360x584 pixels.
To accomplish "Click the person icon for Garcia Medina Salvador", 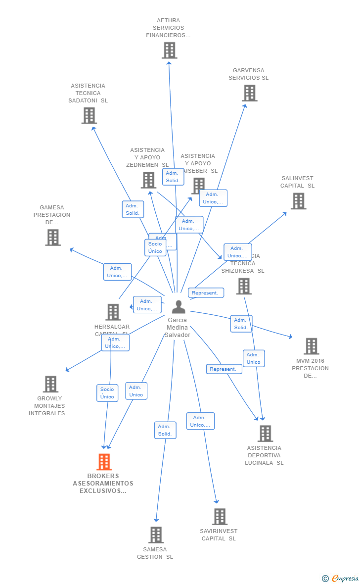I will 178,307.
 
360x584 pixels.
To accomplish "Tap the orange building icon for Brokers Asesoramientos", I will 104,462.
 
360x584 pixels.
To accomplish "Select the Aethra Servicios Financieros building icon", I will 169,50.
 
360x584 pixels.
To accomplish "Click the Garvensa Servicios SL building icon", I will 250,93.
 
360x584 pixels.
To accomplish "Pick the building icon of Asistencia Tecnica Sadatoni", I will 89,115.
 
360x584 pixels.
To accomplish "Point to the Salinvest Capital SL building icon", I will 298,201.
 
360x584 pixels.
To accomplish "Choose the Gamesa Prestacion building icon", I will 53,238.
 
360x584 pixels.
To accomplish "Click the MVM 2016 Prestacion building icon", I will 311,346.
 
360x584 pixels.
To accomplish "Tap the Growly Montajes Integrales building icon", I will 50,384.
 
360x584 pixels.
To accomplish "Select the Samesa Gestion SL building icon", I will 156,535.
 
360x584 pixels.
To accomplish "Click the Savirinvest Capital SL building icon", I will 220,516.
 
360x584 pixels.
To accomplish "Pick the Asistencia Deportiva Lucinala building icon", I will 265,434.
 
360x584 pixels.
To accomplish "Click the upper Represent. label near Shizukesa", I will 206,293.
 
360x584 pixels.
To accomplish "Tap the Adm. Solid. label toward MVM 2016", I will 241,324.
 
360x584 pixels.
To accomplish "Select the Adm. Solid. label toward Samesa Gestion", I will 165,430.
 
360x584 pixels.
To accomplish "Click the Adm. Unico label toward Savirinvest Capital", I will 200,421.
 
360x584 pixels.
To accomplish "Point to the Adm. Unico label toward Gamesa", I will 117,272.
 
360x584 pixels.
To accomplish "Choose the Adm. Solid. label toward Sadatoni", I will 133,209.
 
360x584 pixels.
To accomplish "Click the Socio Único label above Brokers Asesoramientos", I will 107,393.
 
